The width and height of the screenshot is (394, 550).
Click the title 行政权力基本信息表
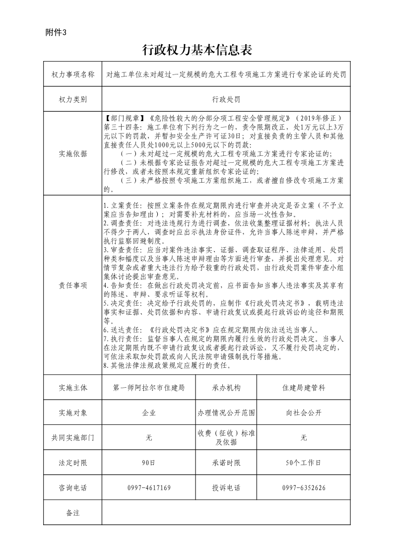[197, 50]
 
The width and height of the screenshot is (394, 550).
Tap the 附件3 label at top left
[55, 32]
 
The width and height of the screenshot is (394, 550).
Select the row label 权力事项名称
[72, 74]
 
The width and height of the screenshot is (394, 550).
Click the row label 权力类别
[72, 99]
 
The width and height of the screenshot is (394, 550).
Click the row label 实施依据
[72, 153]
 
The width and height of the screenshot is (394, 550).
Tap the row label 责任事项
[72, 285]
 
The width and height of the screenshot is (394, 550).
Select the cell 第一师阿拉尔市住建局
[149, 388]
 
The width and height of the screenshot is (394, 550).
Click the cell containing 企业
[149, 412]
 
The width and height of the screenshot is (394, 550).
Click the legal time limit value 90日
[149, 463]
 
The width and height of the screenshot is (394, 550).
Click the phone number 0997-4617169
[149, 488]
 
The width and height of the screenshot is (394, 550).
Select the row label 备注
[72, 513]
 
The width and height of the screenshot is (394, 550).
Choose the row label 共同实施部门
[72, 438]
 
